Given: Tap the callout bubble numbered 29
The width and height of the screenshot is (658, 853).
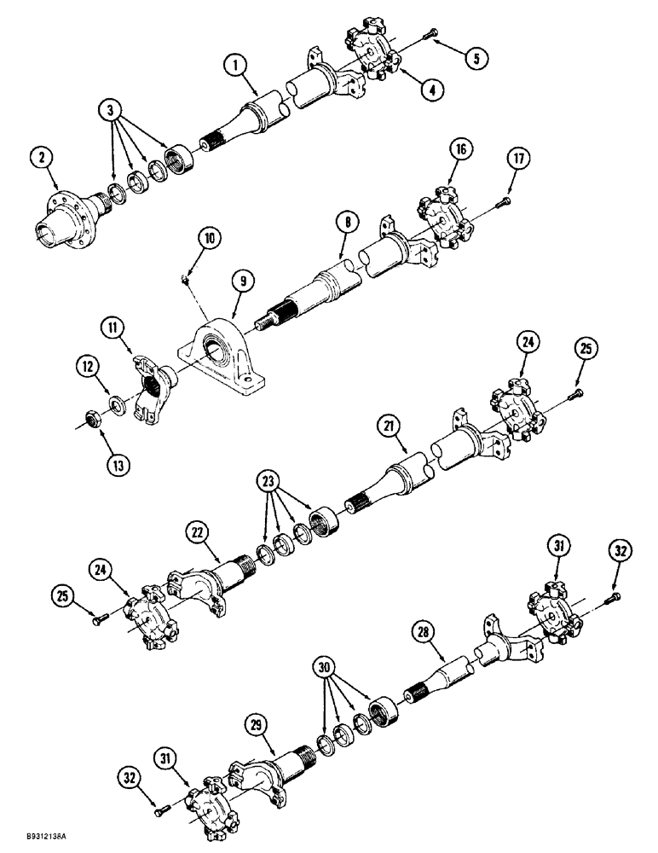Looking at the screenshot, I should [257, 727].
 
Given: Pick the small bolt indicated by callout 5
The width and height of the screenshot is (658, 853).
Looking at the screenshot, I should [436, 34].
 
